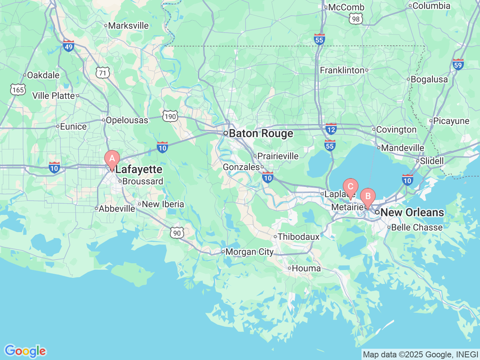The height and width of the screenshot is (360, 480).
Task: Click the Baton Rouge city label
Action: point(261,133)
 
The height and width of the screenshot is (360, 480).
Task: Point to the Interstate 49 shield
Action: point(68,46)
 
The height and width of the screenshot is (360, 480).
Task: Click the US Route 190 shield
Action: point(170,117)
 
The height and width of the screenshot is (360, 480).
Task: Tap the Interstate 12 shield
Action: point(331,129)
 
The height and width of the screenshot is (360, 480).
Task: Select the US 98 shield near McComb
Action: point(355,19)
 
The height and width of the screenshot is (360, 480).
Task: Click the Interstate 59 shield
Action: point(458,64)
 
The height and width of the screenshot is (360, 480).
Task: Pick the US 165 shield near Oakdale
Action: point(18,90)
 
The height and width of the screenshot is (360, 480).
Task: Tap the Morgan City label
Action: point(249,252)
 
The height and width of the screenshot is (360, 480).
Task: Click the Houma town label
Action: point(306,268)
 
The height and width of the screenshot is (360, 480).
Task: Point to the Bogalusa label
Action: point(429,79)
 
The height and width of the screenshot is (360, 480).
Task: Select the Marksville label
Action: point(128,26)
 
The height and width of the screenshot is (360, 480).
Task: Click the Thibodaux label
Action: point(298,237)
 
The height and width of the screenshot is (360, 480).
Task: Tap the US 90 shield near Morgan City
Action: point(177,233)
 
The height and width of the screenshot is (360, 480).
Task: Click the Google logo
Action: point(25,351)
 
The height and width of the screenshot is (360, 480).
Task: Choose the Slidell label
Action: point(432,161)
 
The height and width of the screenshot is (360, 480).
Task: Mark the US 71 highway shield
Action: point(103,73)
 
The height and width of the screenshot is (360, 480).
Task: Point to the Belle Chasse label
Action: point(417,228)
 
